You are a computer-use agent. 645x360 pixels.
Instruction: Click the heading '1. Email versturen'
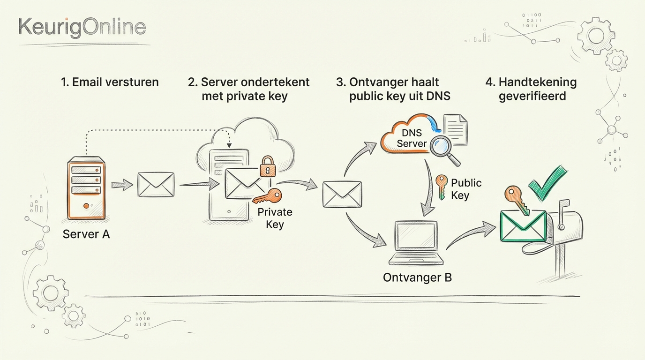[110, 82]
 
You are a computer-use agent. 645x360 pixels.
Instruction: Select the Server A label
[86, 234]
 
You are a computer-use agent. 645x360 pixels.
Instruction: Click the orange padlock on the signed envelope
[268, 166]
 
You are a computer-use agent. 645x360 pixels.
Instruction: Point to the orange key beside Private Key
[268, 196]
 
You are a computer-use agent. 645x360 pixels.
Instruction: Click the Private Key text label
[275, 218]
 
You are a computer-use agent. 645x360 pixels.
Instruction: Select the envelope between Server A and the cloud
[156, 184]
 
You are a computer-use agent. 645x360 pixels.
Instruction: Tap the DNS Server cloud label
[412, 138]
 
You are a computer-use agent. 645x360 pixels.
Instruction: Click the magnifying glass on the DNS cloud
[444, 149]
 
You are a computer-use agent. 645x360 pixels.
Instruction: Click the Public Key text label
[466, 189]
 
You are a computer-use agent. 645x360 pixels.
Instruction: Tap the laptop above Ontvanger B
[416, 243]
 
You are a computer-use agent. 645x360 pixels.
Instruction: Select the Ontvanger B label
[417, 277]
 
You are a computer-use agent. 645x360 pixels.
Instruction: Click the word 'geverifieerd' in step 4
[532, 96]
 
